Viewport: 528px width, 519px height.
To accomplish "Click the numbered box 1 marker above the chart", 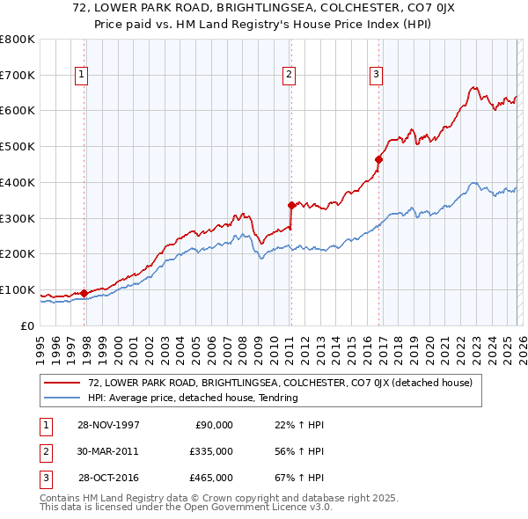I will pyautogui.click(x=81, y=76).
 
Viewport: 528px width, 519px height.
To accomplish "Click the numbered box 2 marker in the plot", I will pyautogui.click(x=288, y=76).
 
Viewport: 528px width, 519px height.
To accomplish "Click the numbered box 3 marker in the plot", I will pyautogui.click(x=376, y=76).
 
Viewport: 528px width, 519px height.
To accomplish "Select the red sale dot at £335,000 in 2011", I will pyautogui.click(x=291, y=205).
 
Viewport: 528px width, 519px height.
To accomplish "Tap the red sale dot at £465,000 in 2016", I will pyautogui.click(x=379, y=159).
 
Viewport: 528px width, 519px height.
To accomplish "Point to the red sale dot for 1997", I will pyautogui.click(x=84, y=293).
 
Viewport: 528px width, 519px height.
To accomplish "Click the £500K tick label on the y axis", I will pyautogui.click(x=17, y=147).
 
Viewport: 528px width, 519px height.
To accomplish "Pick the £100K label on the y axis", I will pyautogui.click(x=17, y=290).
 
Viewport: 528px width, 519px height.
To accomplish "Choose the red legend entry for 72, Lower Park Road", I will pyautogui.click(x=280, y=383).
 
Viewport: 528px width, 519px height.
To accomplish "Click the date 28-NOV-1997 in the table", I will pyautogui.click(x=108, y=425).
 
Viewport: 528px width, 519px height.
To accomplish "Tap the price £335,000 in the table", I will pyautogui.click(x=211, y=451).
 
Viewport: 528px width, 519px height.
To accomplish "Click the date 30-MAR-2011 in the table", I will pyautogui.click(x=108, y=451).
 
